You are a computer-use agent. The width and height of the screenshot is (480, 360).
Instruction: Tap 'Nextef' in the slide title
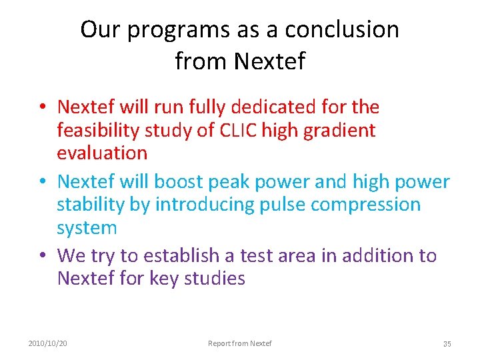[x=269, y=61]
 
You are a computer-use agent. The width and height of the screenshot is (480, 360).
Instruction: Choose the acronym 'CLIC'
[x=238, y=130]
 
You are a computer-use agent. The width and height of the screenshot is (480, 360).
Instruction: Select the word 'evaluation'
[x=102, y=153]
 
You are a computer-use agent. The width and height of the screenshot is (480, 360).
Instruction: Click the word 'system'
[x=87, y=227]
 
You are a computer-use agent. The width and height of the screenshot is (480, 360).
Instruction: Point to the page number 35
[x=447, y=344]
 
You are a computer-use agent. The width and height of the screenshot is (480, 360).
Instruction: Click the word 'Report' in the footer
[x=219, y=343]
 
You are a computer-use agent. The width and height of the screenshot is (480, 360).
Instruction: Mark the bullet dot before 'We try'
[x=42, y=256]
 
